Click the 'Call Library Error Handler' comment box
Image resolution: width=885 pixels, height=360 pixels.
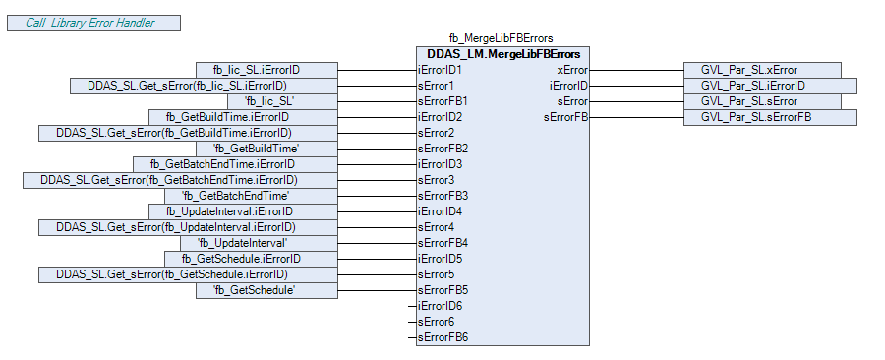[x=93, y=24]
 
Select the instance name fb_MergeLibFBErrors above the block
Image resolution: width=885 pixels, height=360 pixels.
[x=501, y=38]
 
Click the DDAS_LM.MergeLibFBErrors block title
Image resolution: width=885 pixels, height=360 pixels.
[x=503, y=54]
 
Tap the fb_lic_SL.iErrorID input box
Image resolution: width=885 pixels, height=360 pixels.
[x=266, y=71]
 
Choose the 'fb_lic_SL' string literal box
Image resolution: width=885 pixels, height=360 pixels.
[x=283, y=102]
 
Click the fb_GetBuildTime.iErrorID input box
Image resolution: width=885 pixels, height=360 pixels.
[x=243, y=117]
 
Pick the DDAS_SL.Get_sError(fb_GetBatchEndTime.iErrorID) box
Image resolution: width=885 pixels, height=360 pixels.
[x=180, y=181]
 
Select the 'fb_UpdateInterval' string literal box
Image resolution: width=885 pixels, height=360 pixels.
[x=259, y=244]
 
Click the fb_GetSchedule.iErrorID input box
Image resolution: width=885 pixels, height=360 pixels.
[x=251, y=259]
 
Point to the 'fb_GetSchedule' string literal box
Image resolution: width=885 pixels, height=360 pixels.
[x=266, y=290]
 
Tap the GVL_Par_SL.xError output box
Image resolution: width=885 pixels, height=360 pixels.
[x=762, y=71]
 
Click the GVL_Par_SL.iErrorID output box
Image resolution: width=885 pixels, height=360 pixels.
[x=770, y=86]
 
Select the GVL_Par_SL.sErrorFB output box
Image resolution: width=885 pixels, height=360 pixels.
[x=770, y=117]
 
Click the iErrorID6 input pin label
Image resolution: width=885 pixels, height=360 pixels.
[x=440, y=307]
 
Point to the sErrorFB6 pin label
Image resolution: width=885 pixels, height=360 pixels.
[x=442, y=338]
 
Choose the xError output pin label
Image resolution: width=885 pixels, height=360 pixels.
[x=572, y=70]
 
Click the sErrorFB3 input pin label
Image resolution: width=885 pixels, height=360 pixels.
[x=442, y=197]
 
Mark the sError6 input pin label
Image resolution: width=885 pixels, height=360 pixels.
[x=436, y=323]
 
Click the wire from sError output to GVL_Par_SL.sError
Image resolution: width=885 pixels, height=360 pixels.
[x=636, y=102]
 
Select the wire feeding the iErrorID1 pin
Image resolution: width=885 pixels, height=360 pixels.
[x=377, y=71]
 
